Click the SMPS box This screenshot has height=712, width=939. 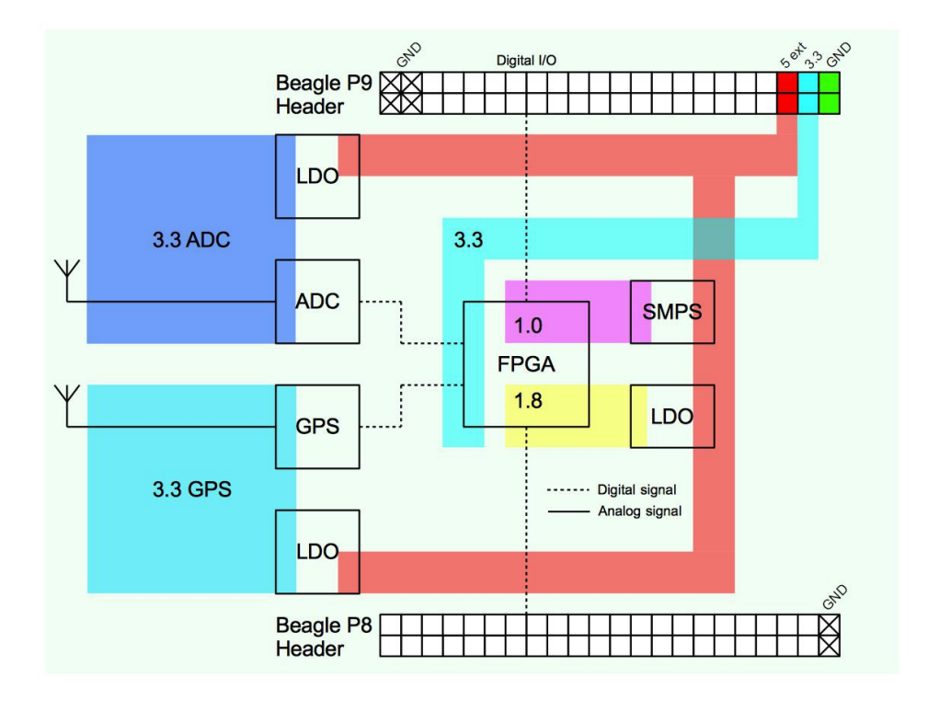(671, 312)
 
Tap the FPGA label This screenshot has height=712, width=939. (526, 363)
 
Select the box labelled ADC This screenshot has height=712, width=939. (317, 302)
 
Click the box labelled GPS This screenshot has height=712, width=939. (317, 426)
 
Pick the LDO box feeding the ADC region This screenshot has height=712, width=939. (317, 176)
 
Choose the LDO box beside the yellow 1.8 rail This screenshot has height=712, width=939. (671, 416)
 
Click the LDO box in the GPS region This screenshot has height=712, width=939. (317, 551)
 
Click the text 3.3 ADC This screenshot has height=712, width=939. (191, 243)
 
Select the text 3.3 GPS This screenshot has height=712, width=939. (191, 489)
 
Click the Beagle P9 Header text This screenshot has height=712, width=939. (310, 95)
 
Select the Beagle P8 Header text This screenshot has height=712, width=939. (310, 637)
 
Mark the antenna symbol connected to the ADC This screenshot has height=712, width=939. (65, 272)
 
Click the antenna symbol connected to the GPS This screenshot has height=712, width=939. (65, 396)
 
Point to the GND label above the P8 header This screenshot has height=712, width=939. (834, 596)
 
